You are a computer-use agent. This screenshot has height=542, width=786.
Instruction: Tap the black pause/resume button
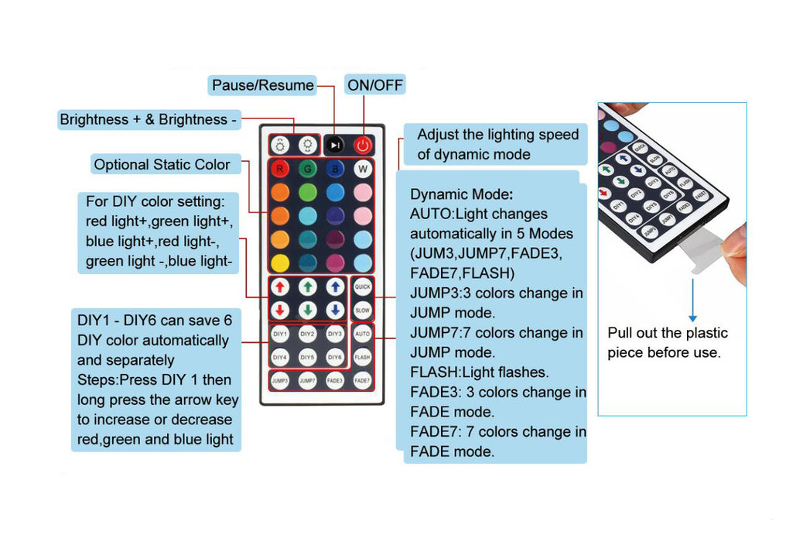click(x=334, y=144)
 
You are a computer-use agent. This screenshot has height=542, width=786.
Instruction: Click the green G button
click(x=307, y=169)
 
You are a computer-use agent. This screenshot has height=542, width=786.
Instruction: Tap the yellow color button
click(x=280, y=261)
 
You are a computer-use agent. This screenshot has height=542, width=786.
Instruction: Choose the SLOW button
click(x=363, y=310)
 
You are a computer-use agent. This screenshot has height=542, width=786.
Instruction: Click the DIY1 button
click(x=280, y=334)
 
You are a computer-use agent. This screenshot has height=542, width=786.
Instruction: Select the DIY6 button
click(x=334, y=358)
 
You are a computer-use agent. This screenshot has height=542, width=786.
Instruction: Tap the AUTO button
click(x=363, y=334)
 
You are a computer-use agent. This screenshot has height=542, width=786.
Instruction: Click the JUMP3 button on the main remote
click(x=280, y=381)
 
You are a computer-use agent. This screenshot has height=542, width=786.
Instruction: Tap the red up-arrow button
click(x=280, y=287)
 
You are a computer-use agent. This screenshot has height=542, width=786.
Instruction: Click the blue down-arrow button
click(x=334, y=310)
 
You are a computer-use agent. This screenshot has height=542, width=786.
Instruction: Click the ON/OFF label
click(x=375, y=85)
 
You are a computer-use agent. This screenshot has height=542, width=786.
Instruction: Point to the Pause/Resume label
click(x=263, y=85)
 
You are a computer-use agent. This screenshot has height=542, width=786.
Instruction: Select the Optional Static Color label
click(x=162, y=164)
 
